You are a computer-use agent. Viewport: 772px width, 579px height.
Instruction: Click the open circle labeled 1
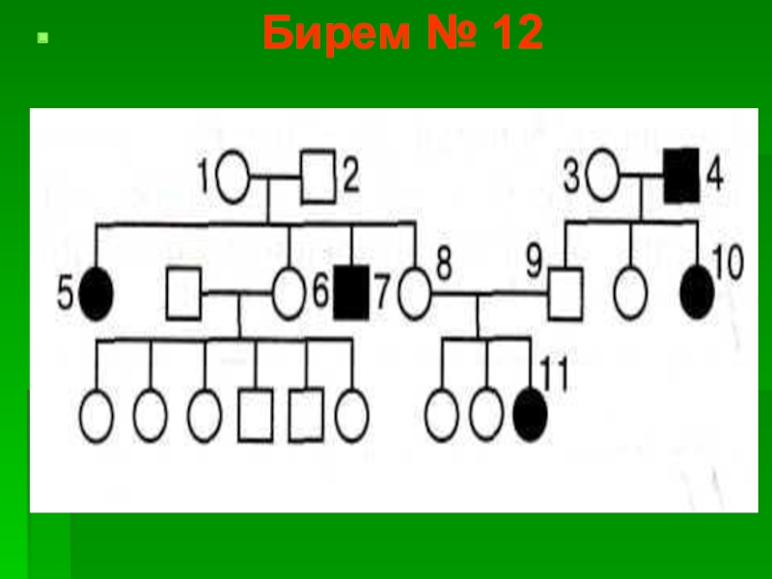click(234, 178)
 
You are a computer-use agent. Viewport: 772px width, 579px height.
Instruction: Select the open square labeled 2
click(317, 178)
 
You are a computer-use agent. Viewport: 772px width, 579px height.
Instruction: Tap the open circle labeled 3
click(603, 178)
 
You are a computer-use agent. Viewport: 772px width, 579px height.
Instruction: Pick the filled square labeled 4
click(681, 178)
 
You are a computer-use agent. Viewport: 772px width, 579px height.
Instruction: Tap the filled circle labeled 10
click(697, 289)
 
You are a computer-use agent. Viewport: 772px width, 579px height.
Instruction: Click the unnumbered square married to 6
click(182, 293)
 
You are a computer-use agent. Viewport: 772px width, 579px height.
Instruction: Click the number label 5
click(65, 292)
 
